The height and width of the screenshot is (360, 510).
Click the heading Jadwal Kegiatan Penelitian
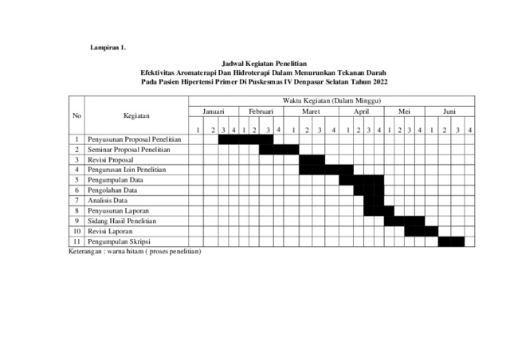click(x=263, y=62)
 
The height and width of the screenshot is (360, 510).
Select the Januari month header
click(x=214, y=113)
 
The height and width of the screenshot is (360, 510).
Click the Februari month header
click(x=261, y=113)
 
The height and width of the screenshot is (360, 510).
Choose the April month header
click(x=361, y=113)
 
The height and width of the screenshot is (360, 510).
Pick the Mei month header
click(x=404, y=113)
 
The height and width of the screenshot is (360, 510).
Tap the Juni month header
click(x=449, y=113)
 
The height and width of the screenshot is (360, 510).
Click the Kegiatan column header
click(x=135, y=116)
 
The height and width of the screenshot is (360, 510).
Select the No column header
click(x=76, y=116)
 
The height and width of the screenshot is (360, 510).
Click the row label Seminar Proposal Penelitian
click(x=129, y=149)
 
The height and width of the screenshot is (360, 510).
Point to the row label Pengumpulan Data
click(x=121, y=180)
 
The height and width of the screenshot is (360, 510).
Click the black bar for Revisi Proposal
click(x=312, y=159)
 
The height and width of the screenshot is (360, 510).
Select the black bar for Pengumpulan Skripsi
click(x=450, y=241)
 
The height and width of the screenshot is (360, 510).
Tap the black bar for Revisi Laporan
click(x=421, y=231)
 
